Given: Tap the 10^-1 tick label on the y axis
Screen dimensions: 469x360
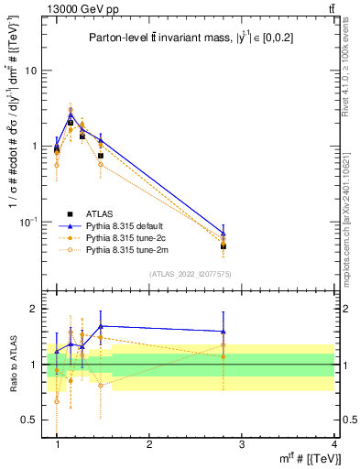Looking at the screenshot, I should pyautogui.click(x=29, y=221).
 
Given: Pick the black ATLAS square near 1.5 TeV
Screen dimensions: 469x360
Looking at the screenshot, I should pyautogui.click(x=101, y=156).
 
